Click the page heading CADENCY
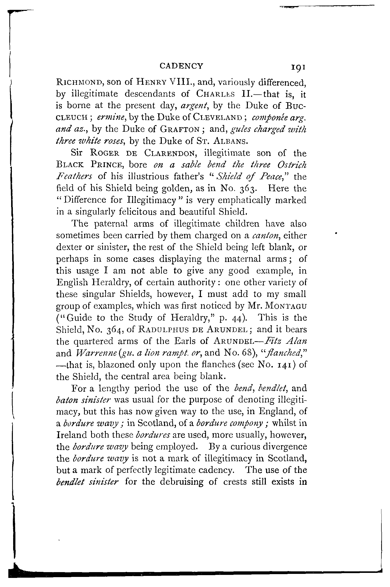tap(181, 66)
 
